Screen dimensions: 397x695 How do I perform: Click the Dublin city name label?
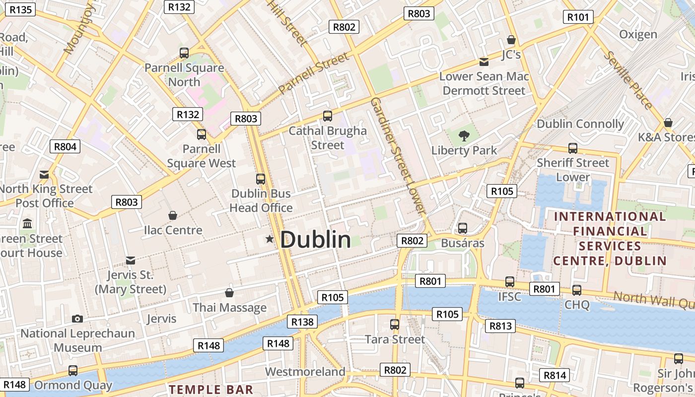click(316, 240)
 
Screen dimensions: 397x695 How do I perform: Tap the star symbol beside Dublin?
click(270, 239)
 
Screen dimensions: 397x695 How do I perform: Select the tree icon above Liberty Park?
click(464, 135)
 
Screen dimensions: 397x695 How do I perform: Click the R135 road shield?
click(20, 9)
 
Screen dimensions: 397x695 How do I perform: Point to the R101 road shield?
click(578, 17)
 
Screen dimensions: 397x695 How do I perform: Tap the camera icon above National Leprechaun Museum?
click(77, 319)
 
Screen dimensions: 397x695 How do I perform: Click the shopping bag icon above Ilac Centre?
click(173, 215)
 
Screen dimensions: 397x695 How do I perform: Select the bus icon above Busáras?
click(463, 228)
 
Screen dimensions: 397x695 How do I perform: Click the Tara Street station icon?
click(395, 325)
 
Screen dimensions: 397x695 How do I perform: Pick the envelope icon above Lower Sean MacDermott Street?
click(484, 62)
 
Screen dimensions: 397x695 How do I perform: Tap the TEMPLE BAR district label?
click(211, 390)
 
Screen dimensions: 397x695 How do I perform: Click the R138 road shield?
click(302, 322)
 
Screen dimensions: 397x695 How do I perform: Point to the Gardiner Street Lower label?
click(399, 156)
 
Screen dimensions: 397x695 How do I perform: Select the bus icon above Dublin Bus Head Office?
click(261, 179)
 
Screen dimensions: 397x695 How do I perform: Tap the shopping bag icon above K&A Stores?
click(668, 123)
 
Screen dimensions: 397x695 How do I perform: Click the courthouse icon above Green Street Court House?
click(27, 223)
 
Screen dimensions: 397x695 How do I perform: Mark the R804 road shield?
click(65, 146)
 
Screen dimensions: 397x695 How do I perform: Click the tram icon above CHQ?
click(576, 290)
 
